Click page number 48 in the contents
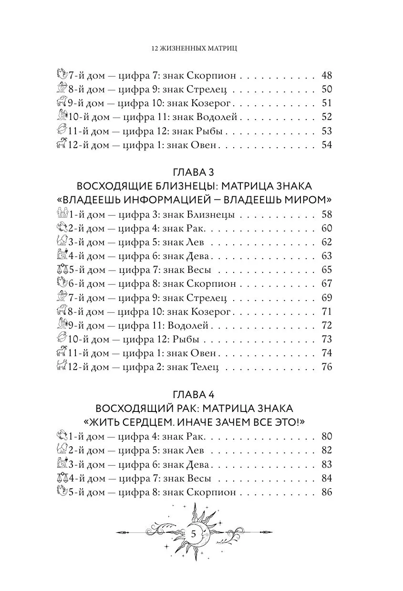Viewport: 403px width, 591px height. tap(326, 76)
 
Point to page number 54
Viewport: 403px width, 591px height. tap(326, 145)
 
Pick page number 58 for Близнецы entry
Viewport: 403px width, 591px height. tap(326, 215)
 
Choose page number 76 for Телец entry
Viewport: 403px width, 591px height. tap(326, 367)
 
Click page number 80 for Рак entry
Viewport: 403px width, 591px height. tap(326, 437)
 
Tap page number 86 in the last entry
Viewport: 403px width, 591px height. tap(326, 492)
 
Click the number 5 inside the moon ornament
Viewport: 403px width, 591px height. tap(194, 534)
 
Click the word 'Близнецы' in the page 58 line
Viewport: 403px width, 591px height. tap(213, 215)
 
